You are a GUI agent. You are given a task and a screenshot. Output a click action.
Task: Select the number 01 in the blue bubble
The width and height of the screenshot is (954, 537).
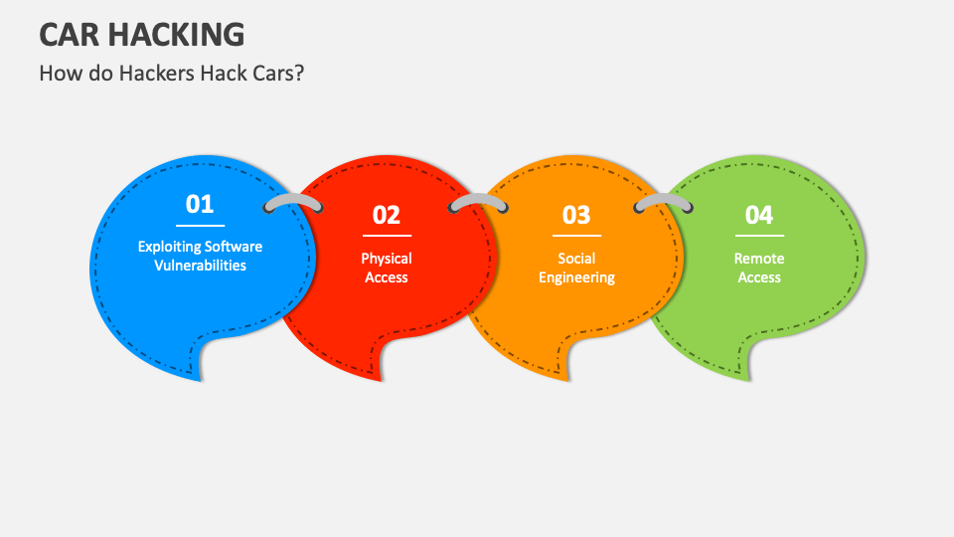(200, 204)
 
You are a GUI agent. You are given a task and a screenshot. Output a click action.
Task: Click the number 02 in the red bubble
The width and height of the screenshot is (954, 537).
(386, 215)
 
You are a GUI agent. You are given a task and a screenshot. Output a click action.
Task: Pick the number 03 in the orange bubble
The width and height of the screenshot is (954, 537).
(576, 215)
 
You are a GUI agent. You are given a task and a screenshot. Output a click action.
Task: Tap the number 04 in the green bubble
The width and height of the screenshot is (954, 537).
(758, 215)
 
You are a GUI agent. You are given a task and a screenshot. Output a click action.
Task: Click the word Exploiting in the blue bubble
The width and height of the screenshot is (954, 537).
(168, 247)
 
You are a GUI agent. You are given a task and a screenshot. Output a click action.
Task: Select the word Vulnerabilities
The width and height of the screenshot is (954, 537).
(200, 266)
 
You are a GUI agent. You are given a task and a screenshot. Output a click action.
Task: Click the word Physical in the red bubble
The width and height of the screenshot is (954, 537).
(387, 259)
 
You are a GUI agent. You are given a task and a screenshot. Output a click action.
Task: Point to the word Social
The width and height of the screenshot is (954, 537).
(576, 259)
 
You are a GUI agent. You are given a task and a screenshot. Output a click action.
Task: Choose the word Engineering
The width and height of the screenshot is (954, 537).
(576, 277)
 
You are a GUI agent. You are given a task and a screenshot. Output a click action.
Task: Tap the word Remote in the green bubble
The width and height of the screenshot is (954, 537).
(759, 259)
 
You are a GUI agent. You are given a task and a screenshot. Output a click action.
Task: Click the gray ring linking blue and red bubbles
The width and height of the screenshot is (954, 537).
(293, 202)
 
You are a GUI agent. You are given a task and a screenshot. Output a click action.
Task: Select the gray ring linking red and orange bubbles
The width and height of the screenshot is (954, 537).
(479, 202)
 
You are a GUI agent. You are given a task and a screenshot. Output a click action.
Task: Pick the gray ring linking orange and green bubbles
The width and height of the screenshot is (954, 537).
(664, 202)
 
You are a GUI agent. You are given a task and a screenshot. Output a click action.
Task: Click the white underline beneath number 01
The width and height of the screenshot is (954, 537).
(200, 226)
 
